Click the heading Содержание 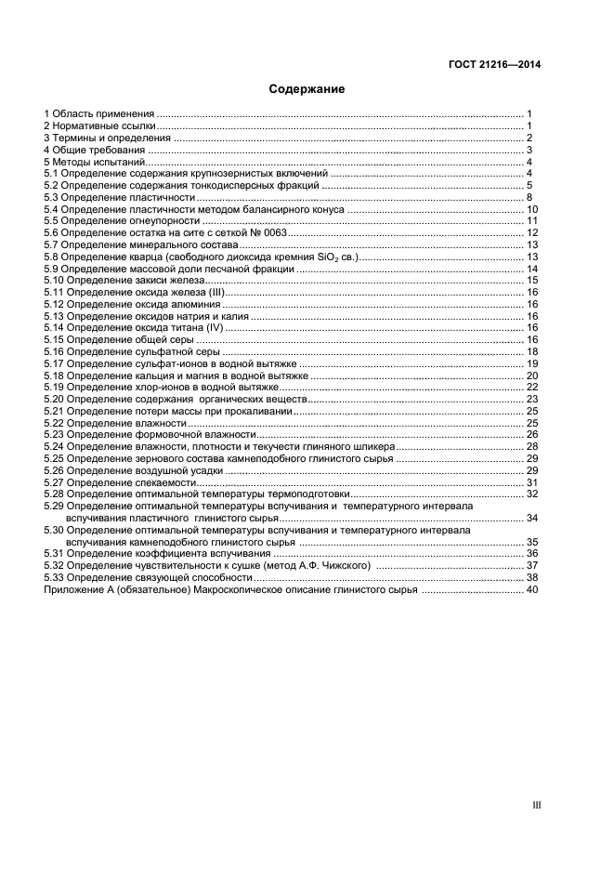(x=307, y=89)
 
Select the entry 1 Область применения (x=99, y=112)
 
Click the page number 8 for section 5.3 (x=529, y=198)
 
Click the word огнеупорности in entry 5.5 (x=168, y=221)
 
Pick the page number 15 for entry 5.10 (x=532, y=280)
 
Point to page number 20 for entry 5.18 (x=532, y=375)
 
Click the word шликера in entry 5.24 (x=374, y=446)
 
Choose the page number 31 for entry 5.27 (x=532, y=482)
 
